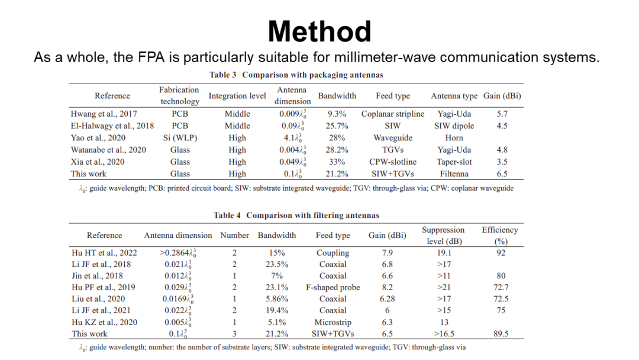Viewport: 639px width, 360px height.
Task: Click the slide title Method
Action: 319,31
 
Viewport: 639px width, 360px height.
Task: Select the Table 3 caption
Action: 296,75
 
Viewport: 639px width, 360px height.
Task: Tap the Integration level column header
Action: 237,96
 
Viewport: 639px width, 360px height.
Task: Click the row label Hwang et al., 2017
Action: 105,114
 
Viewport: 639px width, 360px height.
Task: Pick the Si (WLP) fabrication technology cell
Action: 180,138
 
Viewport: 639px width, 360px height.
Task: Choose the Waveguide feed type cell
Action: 392,138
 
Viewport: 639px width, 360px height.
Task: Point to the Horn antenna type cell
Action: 454,138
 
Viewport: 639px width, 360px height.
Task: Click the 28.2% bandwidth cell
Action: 337,150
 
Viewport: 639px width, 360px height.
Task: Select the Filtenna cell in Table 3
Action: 454,174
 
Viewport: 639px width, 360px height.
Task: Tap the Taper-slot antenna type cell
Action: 454,162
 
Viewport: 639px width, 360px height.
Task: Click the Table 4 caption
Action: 296,215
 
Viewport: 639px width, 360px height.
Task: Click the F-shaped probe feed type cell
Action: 333,287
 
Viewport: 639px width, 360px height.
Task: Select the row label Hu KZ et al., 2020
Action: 105,322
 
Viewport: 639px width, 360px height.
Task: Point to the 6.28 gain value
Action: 387,299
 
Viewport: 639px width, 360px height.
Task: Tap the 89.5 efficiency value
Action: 501,334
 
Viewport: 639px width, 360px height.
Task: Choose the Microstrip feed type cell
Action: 333,322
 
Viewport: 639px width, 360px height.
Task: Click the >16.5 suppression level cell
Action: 443,334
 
